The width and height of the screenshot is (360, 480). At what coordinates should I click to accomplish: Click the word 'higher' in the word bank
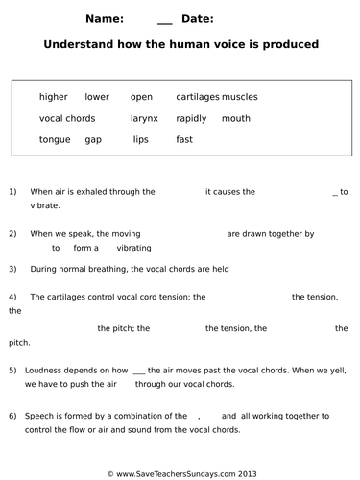(x=54, y=97)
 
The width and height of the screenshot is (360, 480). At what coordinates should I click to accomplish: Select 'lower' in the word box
(x=97, y=97)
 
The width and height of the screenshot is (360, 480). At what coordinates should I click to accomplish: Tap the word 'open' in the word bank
(x=141, y=97)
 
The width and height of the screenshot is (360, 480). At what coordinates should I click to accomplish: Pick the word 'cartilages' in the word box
(x=198, y=97)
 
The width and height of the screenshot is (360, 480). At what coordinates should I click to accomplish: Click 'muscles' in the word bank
(x=240, y=97)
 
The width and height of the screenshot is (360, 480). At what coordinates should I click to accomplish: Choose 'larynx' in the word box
(x=144, y=118)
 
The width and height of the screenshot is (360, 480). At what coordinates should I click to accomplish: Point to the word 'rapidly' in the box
(x=191, y=118)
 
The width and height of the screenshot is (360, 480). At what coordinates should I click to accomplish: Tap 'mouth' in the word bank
(x=236, y=118)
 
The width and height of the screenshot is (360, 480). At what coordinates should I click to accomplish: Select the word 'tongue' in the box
(x=55, y=139)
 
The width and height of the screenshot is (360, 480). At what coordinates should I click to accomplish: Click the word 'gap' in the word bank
(x=93, y=139)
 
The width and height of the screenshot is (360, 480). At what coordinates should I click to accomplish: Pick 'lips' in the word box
(x=141, y=139)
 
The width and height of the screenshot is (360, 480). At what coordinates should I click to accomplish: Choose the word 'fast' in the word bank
(x=184, y=139)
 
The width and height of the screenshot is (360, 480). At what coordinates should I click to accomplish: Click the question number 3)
(x=12, y=270)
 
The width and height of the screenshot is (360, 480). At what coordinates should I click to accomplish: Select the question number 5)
(x=12, y=370)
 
